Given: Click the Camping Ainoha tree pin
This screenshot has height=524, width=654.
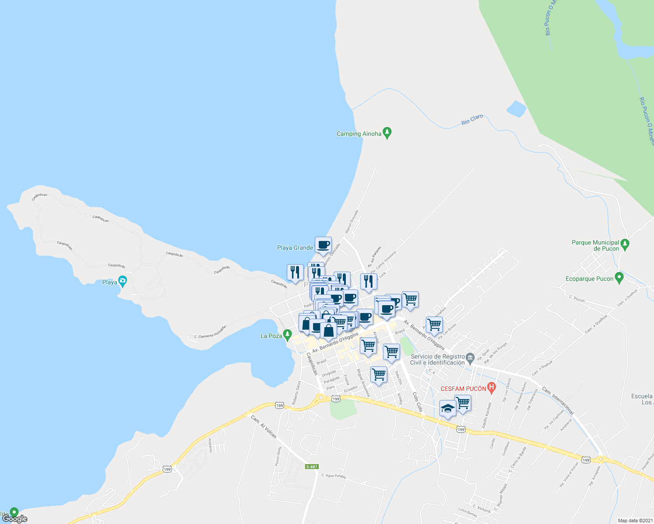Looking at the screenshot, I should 386,132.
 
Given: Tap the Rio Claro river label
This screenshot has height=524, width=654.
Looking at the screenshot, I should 472,120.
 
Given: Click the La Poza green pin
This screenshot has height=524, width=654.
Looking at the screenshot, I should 287,335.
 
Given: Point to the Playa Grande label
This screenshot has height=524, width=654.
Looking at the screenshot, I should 295,248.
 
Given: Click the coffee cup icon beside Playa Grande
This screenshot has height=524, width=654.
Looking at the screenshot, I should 323,245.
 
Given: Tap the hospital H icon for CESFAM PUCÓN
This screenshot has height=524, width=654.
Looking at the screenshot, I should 492,386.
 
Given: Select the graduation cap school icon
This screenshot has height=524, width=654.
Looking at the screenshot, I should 448,409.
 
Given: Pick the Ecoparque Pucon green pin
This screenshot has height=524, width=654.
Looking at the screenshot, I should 619,277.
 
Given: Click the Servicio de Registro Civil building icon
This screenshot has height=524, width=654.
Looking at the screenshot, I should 470,358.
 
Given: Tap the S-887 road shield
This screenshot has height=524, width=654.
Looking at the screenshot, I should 312,467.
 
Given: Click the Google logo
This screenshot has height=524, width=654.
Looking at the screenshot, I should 15,519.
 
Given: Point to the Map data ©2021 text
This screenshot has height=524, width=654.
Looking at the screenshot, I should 634,521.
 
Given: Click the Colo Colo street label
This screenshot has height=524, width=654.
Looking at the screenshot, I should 417,402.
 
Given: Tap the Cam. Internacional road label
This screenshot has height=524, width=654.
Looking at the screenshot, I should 558,400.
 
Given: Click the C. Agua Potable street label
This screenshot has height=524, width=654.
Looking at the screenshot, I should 334,476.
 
